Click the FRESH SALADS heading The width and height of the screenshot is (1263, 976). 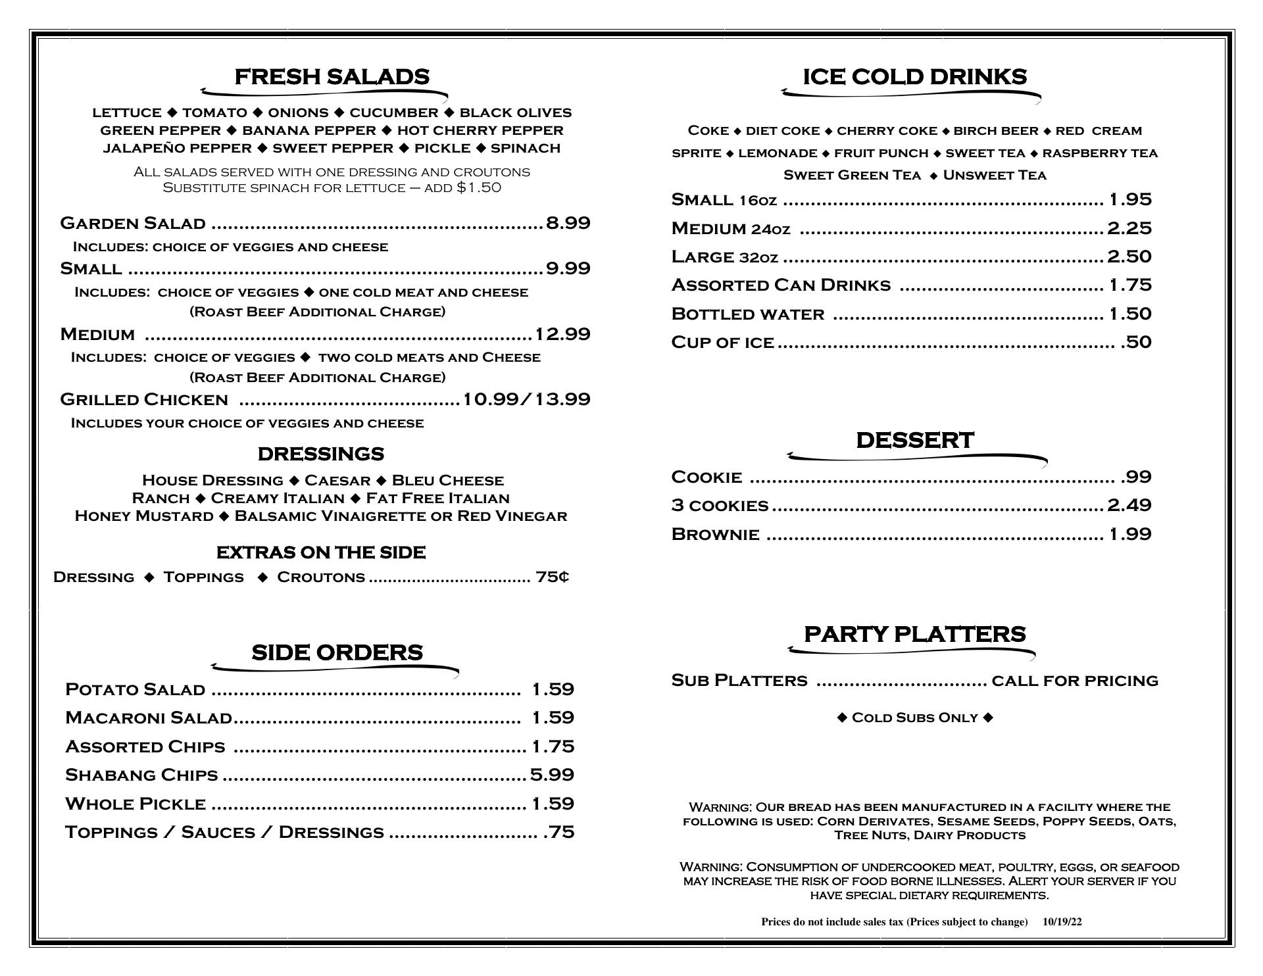coord(332,77)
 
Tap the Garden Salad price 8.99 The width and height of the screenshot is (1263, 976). coord(568,223)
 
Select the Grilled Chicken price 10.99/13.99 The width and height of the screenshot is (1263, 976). coord(526,399)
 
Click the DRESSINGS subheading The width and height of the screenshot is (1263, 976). coord(320,454)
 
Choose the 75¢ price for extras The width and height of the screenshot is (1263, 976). coord(552,577)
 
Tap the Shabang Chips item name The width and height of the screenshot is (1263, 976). coord(141,775)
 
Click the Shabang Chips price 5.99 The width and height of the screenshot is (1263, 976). coord(552,775)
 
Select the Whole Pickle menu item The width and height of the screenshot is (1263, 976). coord(136,804)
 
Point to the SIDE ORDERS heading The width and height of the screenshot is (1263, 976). coord(337,652)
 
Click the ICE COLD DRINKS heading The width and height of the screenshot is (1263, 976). coord(914,77)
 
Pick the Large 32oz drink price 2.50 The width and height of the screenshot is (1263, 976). coord(1129,256)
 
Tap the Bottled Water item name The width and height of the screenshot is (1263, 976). coord(747,314)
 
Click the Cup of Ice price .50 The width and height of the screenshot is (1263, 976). coord(1136,342)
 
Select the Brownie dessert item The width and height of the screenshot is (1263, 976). coord(715,534)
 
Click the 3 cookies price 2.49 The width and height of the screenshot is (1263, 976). coord(1129,505)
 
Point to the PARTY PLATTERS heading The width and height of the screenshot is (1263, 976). coord(914,634)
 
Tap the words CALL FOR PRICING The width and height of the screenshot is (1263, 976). coord(1074,680)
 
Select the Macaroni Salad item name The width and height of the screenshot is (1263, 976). coord(149,718)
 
